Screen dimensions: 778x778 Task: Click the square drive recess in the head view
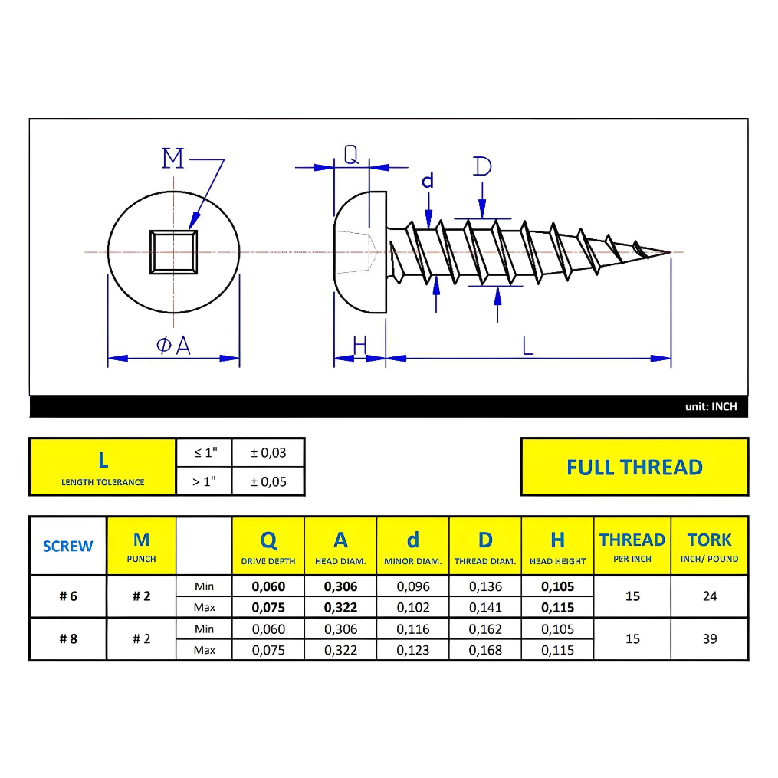coord(174,251)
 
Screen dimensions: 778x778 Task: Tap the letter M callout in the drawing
coord(173,159)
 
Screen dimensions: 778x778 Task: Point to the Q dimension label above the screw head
coord(351,156)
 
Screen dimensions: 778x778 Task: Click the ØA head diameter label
coord(173,346)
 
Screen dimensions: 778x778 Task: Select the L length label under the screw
coord(527,346)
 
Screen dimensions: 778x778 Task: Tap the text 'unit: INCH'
coord(711,407)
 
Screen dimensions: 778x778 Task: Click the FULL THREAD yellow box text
coord(634,467)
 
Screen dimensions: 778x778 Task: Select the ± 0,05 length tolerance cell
coord(268,481)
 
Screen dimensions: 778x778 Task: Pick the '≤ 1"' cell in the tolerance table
coord(204,452)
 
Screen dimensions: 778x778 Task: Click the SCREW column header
coord(67,547)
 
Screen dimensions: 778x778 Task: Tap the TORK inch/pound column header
coord(709,547)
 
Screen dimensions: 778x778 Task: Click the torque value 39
coord(709,638)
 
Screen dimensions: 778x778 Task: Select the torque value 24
coord(709,596)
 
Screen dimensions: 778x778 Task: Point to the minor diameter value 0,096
coord(413,587)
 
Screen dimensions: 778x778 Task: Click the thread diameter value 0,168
coord(485,650)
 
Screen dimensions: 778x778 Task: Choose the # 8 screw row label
coord(68,638)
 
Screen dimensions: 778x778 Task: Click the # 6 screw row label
coord(68,596)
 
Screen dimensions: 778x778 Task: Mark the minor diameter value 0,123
coord(413,650)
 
